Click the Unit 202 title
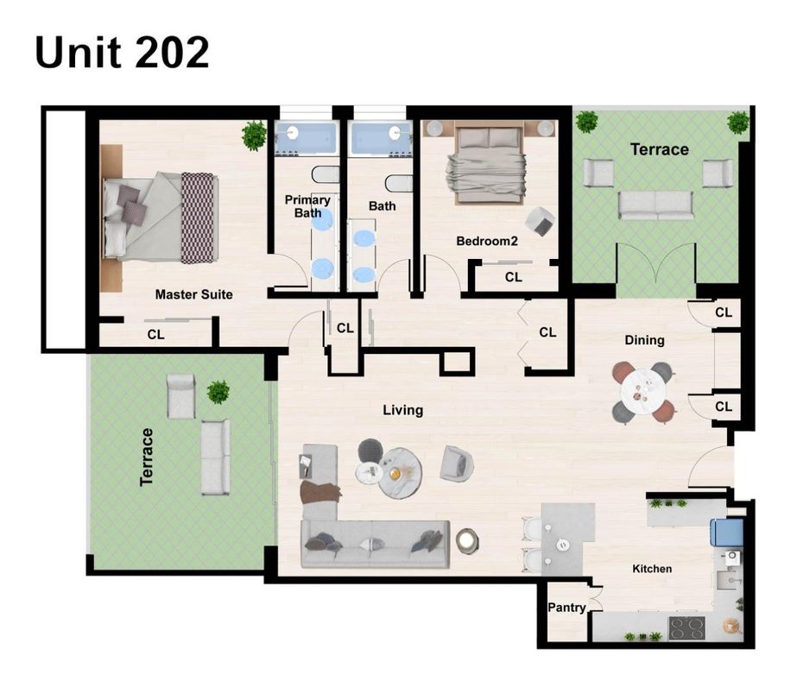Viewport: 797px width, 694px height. [122, 54]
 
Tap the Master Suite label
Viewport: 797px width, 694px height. [193, 294]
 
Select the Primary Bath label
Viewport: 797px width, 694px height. [307, 206]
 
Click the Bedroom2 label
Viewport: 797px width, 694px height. [486, 242]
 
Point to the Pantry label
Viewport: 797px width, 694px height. [566, 608]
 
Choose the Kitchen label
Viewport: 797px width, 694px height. [652, 568]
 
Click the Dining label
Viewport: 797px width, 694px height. [644, 340]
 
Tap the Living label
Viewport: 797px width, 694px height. [402, 410]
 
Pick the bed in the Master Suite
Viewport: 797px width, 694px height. [160, 217]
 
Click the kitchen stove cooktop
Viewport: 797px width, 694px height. [687, 628]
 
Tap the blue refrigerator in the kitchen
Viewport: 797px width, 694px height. [726, 533]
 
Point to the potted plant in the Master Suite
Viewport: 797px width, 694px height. [254, 135]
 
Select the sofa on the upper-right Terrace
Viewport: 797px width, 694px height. [655, 205]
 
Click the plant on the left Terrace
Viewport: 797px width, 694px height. [218, 392]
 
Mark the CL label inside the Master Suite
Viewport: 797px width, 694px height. [155, 333]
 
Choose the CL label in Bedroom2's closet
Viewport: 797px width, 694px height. [513, 277]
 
